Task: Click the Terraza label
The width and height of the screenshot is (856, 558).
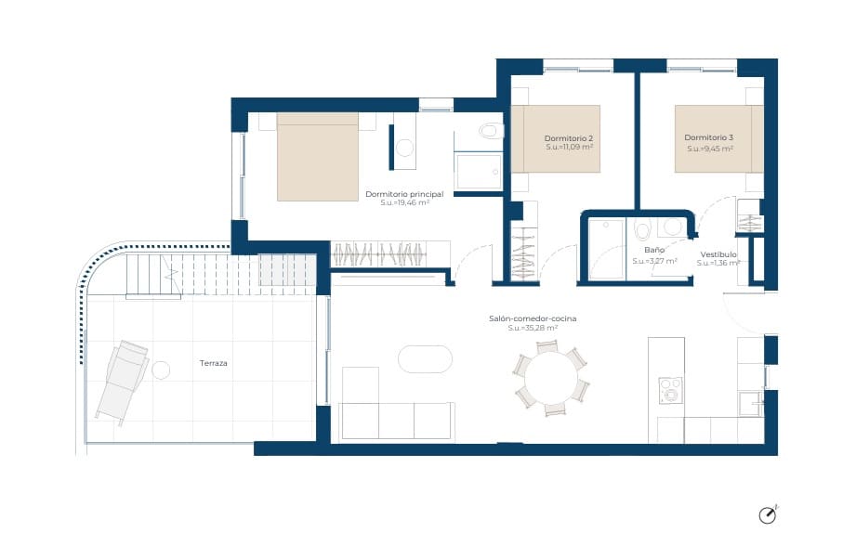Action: tap(213, 363)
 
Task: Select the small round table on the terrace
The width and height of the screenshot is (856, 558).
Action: tap(161, 370)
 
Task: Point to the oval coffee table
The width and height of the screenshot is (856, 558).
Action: tap(425, 358)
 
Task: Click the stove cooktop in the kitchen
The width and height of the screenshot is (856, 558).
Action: tap(670, 390)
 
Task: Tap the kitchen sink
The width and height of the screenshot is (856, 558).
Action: tap(749, 404)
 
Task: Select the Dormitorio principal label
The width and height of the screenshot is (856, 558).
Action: tap(404, 194)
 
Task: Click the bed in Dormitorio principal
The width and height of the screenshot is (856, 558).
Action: tap(318, 157)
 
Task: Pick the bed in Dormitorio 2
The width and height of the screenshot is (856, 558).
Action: tap(555, 138)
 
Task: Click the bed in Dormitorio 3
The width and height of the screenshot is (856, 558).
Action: tap(718, 138)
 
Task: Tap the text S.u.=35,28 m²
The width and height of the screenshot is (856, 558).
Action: tap(533, 328)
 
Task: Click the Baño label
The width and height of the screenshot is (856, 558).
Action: tap(653, 251)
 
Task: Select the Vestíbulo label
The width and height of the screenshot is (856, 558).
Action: tap(718, 253)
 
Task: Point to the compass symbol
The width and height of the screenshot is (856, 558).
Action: tap(768, 515)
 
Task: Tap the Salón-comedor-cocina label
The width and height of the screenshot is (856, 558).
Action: tap(533, 318)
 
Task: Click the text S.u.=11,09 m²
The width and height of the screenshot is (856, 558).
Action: tap(569, 148)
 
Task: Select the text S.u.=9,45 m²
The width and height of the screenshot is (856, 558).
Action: tap(710, 148)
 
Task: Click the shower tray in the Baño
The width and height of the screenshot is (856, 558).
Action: tap(606, 248)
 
